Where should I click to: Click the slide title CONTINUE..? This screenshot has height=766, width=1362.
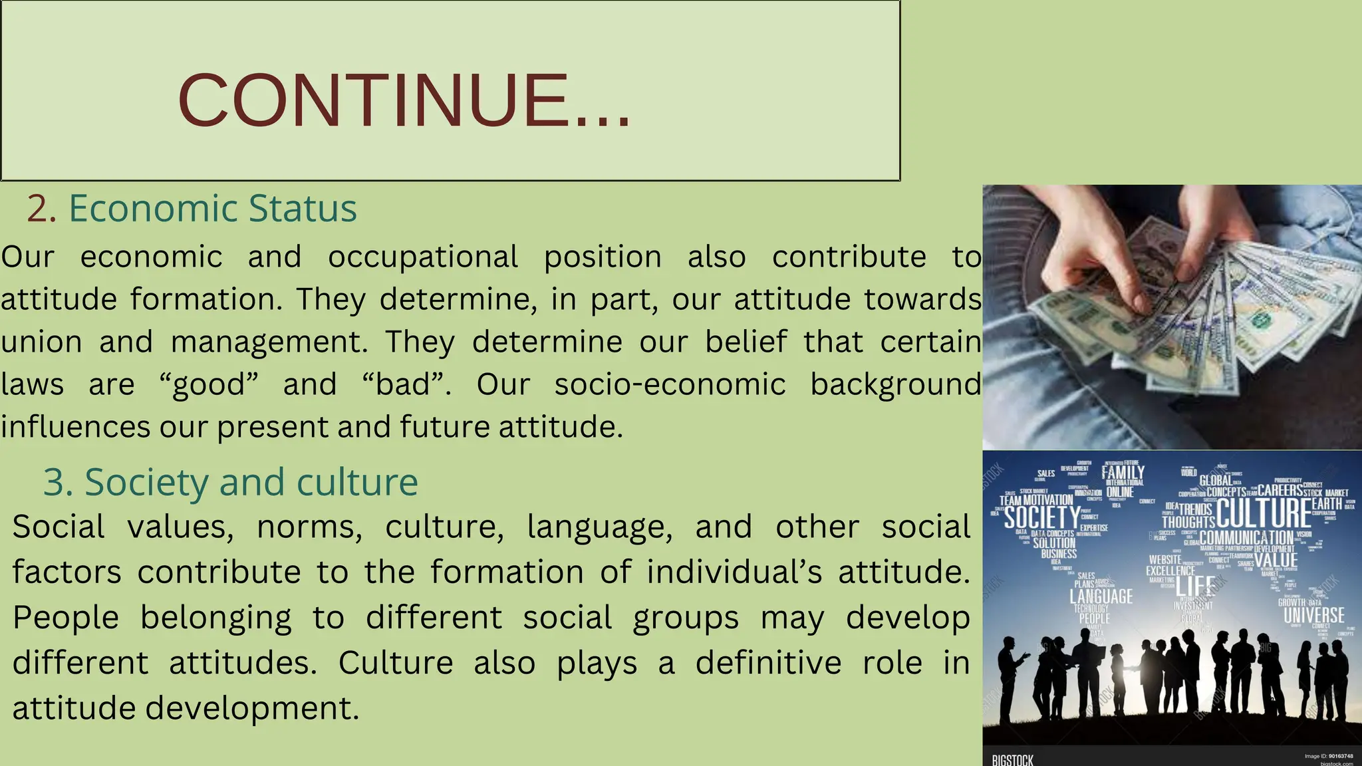(x=404, y=100)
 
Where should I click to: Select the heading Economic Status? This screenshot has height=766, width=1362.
(x=213, y=209)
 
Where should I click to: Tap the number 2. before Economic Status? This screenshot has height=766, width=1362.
(x=41, y=209)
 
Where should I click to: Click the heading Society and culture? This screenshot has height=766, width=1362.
(x=230, y=482)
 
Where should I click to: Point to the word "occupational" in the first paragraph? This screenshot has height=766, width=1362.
(x=423, y=257)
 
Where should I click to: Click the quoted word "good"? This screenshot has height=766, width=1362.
(x=209, y=384)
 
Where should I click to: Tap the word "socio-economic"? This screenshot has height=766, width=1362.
(x=670, y=384)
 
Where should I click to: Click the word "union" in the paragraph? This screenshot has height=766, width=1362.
(x=41, y=342)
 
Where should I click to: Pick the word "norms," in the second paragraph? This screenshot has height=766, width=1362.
(x=309, y=527)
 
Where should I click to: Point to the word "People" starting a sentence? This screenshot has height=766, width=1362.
(x=65, y=618)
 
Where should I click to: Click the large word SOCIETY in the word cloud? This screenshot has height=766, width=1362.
(x=1041, y=517)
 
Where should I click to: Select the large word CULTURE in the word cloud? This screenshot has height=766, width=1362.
(x=1263, y=513)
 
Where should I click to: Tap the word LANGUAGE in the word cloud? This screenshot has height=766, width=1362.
(x=1101, y=596)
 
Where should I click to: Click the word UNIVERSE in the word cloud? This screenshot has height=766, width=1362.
(x=1313, y=615)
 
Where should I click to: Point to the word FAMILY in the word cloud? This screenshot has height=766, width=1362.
(x=1123, y=473)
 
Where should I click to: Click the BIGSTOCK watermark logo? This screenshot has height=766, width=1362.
(x=1012, y=759)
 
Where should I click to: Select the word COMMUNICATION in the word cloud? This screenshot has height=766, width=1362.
(x=1246, y=537)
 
